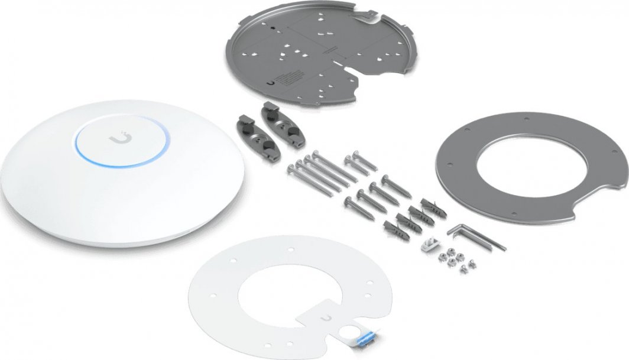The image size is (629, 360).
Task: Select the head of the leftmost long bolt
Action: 290,169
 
